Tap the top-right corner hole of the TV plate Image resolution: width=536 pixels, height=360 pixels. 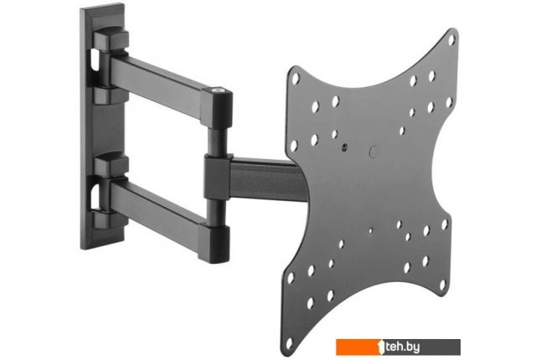[451, 40]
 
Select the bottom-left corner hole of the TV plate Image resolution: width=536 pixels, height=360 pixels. [290, 343]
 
